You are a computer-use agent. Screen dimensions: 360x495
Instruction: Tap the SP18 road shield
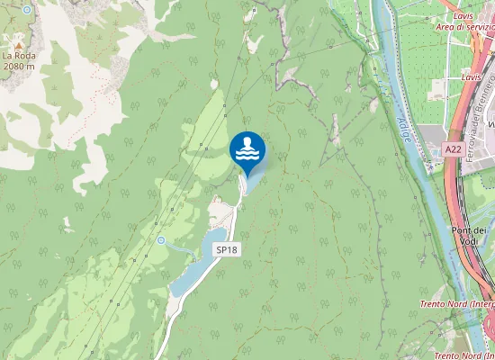(x=226, y=248)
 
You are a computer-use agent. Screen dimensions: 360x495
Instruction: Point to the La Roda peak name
(x=18, y=56)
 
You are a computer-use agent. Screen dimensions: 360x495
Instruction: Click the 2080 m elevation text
(x=18, y=66)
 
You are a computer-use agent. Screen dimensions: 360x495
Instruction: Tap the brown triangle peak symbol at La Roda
(x=17, y=41)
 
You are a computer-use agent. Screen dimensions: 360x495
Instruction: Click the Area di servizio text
(x=464, y=27)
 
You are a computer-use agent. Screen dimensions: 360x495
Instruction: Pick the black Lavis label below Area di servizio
(x=471, y=77)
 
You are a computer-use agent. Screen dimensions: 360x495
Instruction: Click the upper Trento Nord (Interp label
(x=457, y=304)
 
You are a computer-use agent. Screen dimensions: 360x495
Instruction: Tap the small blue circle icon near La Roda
(x=27, y=9)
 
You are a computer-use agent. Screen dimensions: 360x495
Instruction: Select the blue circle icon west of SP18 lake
(x=160, y=240)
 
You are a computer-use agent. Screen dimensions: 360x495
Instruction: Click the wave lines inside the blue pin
(x=247, y=156)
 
